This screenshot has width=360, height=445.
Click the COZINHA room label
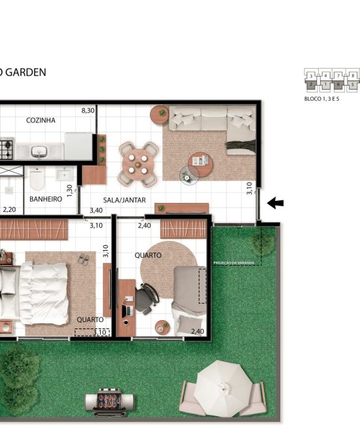pos(41,120)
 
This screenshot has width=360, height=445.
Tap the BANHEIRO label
pos(45,198)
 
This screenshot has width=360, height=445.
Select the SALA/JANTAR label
pos(124,200)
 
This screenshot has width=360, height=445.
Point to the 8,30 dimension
pos(88,111)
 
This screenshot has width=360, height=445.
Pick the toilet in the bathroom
pos(37,177)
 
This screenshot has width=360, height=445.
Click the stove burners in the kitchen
pos(6,150)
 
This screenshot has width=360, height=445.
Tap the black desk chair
pos(145,298)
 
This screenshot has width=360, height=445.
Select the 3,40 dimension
pos(95,210)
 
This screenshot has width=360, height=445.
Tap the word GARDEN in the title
pos(27,72)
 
